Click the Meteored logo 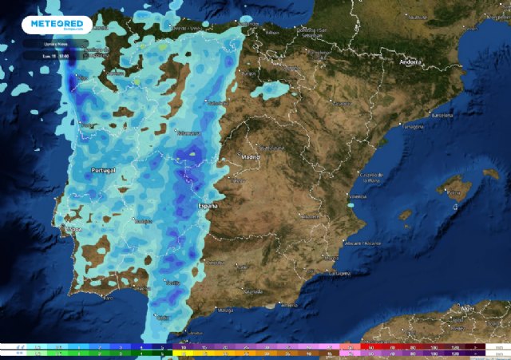(57, 25)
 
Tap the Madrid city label (251, 157)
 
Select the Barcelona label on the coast (442, 116)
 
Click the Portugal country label (104, 171)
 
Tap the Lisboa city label (73, 229)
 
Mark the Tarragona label (412, 127)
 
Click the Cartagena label (339, 272)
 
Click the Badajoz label (144, 221)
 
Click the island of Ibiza (406, 215)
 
